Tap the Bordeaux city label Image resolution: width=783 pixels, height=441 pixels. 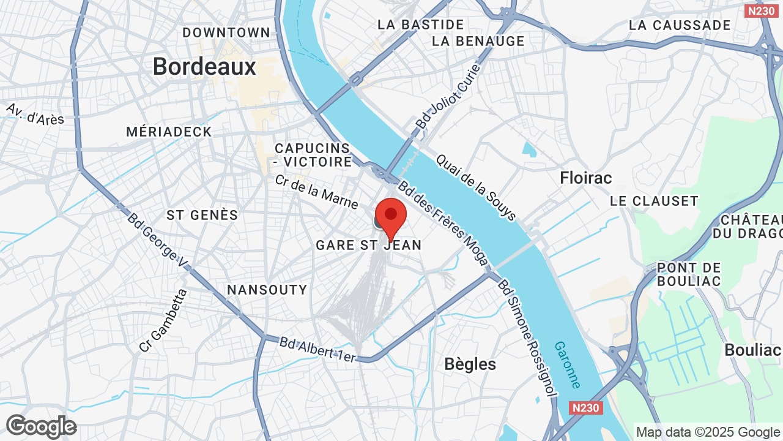pos(204,66)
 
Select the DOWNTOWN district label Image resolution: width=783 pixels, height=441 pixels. pos(226,32)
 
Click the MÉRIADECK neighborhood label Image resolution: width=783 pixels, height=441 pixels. pos(169,132)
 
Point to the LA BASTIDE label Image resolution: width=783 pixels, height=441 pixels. pos(421,24)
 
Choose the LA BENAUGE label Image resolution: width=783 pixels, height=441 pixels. pos(478,41)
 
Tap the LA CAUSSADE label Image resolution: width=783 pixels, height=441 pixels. pos(680,25)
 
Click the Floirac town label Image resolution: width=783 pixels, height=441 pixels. pos(586,178)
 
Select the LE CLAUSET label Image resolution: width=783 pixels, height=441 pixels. pos(654,201)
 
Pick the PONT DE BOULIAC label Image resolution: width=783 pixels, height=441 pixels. pos(689,274)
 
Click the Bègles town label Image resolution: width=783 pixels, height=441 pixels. pos(470,364)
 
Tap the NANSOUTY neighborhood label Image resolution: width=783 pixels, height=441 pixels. pos(267,290)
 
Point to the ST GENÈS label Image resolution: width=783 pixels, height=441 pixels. pos(202,215)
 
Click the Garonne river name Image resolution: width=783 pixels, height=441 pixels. pos(568,364)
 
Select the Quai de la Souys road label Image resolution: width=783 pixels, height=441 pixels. pos(476,187)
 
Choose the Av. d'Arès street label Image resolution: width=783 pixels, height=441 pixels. pos(35,114)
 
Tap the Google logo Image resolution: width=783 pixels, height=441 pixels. pos(42,426)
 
